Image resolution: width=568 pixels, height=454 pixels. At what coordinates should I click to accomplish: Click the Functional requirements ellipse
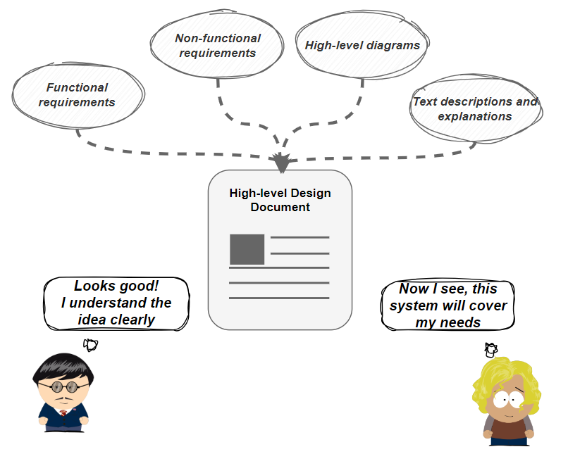point(78,95)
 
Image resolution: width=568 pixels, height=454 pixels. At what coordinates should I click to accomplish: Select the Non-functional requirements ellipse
point(217,45)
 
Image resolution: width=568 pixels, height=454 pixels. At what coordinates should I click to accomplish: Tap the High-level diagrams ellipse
point(362,45)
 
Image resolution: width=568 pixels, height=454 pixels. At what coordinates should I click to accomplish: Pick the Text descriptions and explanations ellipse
point(475,109)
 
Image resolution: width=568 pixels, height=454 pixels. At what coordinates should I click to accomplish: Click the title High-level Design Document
point(280,200)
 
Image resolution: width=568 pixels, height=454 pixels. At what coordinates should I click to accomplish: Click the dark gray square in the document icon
point(247,249)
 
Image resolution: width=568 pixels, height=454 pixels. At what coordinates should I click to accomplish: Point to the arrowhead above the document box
point(281,163)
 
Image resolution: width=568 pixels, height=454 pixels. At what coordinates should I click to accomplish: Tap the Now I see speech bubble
point(447,305)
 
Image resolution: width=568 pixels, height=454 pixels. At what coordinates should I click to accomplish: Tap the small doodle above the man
point(90,344)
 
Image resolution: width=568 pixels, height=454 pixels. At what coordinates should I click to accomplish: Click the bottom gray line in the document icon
point(279,298)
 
